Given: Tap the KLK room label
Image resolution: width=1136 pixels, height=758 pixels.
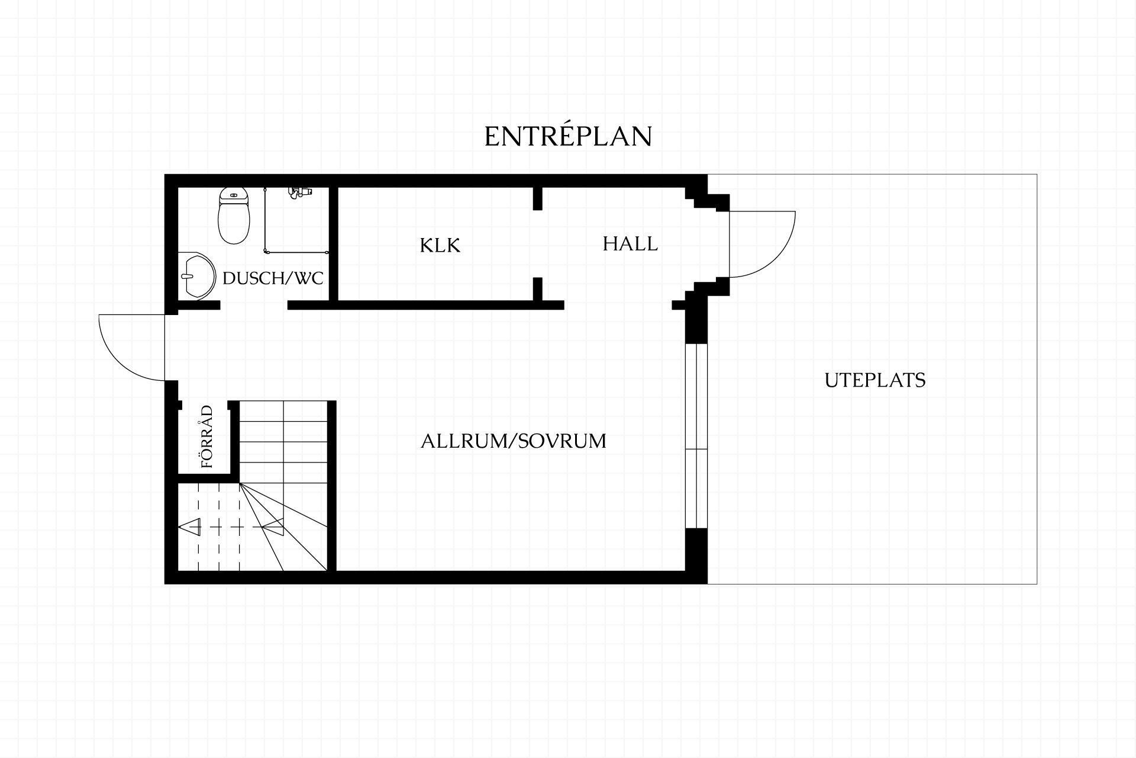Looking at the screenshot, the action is (x=440, y=245).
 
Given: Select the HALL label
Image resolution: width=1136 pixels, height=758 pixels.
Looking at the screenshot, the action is (x=630, y=243).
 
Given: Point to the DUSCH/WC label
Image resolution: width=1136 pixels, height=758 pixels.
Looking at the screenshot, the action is (x=273, y=278).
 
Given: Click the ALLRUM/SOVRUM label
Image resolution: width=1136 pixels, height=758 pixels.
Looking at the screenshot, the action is (x=514, y=441).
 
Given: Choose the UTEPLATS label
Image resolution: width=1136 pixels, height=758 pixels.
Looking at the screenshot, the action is (x=875, y=380).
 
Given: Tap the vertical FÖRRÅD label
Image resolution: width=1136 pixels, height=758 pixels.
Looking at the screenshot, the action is (x=206, y=436).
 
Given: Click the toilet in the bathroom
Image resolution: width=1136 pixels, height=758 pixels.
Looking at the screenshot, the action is (x=234, y=216).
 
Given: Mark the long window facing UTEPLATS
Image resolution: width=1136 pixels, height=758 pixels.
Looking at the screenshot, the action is (x=696, y=435).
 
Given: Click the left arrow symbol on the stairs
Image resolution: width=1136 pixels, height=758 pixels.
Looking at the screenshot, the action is (x=191, y=526).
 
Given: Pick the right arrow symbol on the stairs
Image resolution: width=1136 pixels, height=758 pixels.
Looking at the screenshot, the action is (x=273, y=526).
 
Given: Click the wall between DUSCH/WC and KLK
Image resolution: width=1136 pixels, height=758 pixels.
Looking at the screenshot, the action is (x=333, y=244).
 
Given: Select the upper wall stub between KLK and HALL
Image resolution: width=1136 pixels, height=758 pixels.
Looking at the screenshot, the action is (x=537, y=198).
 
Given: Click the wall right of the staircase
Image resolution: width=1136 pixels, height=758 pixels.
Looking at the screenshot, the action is (x=332, y=486).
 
